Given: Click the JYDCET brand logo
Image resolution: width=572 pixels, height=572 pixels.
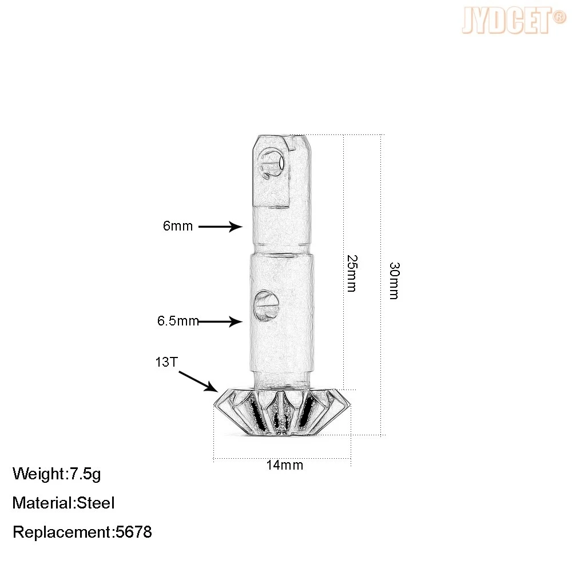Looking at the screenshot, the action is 514,21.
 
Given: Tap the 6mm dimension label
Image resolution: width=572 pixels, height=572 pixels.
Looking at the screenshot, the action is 178,226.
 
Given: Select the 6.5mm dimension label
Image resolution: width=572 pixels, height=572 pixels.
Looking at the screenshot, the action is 178,321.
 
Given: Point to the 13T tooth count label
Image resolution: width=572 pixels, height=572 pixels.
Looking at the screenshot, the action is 166,362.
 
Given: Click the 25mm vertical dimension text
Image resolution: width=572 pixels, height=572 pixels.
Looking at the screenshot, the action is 352,273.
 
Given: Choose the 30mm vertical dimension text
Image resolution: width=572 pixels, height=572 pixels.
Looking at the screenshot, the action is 394,280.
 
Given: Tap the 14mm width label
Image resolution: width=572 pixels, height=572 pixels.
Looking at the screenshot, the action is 284,465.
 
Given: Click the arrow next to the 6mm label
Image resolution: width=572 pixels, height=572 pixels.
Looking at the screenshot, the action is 220,227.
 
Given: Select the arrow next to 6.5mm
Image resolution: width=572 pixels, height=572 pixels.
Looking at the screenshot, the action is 220,321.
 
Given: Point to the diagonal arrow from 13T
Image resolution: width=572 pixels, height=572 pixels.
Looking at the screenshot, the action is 198,381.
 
